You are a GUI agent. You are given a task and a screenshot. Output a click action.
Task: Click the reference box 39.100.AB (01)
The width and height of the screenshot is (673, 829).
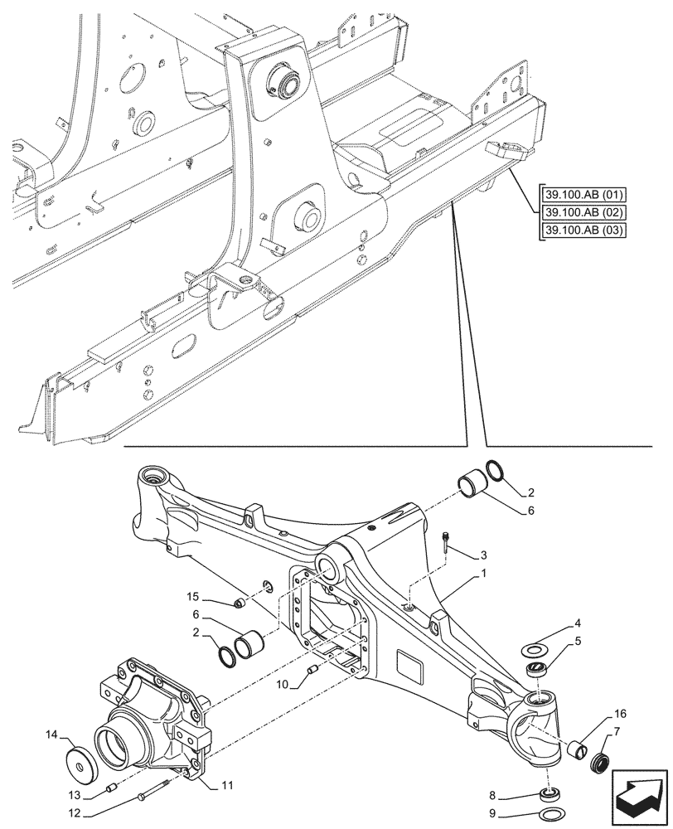pyautogui.click(x=583, y=196)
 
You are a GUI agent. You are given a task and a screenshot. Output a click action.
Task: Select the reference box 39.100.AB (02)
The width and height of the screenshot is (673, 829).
pyautogui.click(x=583, y=213)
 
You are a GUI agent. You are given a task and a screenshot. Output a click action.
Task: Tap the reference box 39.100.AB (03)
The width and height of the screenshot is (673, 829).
pyautogui.click(x=583, y=230)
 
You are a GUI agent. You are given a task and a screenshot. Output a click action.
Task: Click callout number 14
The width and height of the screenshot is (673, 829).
pyautogui.click(x=53, y=735)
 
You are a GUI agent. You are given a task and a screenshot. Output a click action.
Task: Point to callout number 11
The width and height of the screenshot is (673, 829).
pyautogui.click(x=227, y=783)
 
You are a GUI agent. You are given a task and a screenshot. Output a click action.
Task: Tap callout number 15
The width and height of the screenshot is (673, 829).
pyautogui.click(x=193, y=598)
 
